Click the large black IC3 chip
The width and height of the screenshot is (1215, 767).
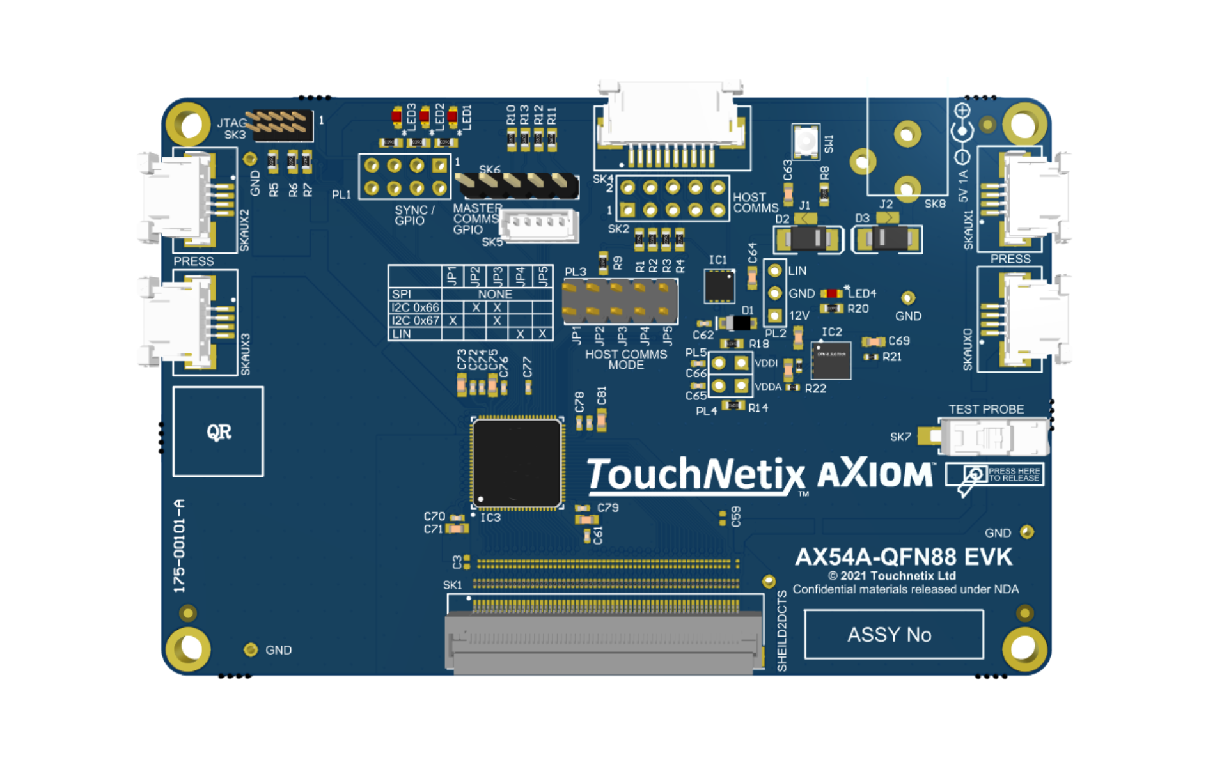click(517, 463)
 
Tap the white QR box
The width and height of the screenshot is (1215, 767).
click(218, 432)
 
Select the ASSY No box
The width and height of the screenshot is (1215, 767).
click(893, 635)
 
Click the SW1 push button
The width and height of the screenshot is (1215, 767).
click(806, 141)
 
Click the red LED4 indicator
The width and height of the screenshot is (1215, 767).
click(831, 293)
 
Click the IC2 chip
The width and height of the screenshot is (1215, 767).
click(831, 360)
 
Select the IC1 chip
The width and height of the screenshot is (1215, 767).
click(719, 286)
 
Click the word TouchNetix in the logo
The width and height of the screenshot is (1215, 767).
click(694, 475)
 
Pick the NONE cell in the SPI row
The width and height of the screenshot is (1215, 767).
click(495, 294)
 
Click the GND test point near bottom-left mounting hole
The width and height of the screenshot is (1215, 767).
click(251, 650)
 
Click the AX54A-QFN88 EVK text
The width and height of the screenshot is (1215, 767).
click(904, 557)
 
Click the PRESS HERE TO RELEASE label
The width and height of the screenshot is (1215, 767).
click(1014, 474)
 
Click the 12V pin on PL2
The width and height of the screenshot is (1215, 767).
click(775, 316)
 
